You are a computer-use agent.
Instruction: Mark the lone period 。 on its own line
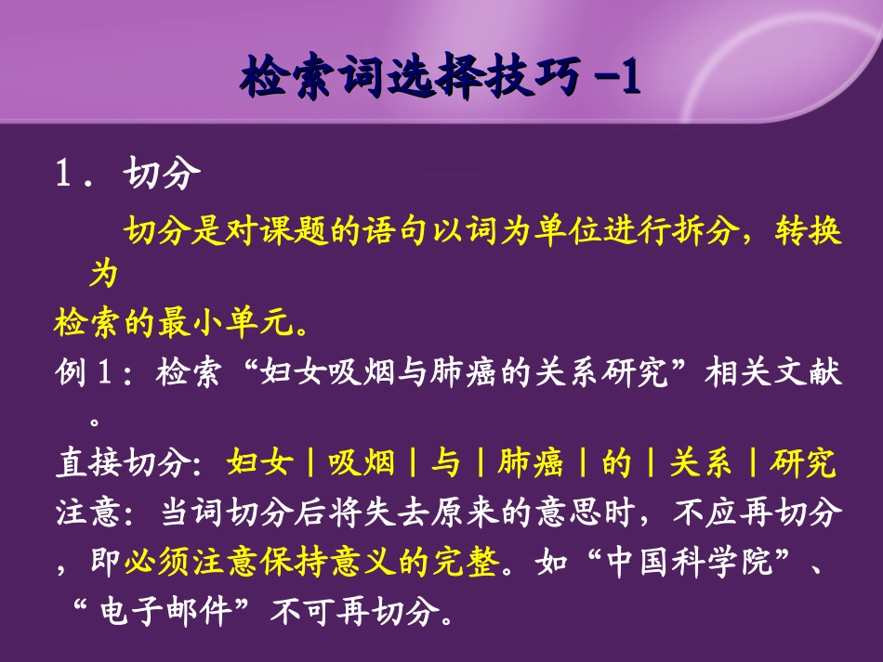click(x=95, y=420)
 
